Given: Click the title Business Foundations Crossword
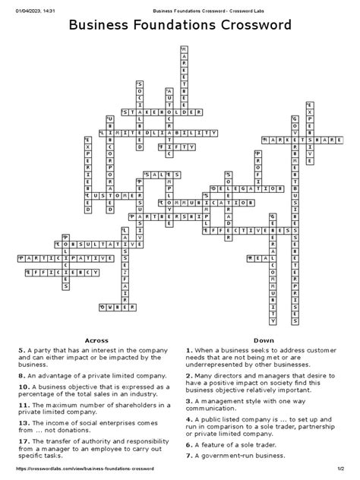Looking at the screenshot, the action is click(x=180, y=27).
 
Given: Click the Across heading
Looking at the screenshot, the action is click(x=96, y=340).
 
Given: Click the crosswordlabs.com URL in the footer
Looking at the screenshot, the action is click(x=76, y=474).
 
